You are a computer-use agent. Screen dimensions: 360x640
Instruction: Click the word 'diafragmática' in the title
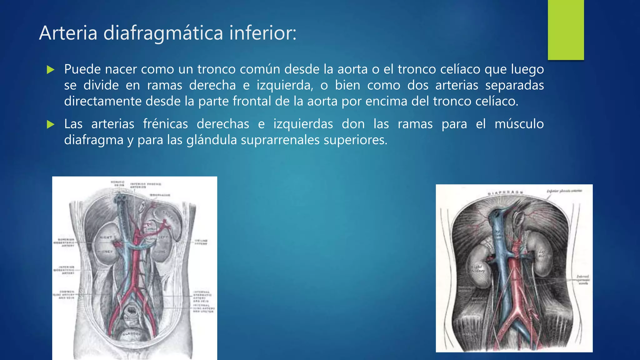click(163, 33)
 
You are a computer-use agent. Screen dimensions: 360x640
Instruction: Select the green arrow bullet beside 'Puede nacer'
click(50, 70)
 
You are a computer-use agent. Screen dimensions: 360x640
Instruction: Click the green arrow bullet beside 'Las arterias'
click(50, 125)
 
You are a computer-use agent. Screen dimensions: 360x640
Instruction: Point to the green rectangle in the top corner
click(566, 30)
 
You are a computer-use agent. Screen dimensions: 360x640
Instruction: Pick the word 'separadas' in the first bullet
click(514, 85)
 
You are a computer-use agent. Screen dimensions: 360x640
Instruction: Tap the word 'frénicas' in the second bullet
click(165, 124)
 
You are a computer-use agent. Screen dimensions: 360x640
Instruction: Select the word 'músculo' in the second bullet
click(519, 124)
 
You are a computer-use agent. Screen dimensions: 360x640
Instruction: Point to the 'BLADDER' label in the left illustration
click(132, 334)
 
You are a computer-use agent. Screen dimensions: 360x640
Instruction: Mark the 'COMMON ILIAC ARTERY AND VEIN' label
click(64, 294)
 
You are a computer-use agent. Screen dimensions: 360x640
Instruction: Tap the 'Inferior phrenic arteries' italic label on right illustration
click(564, 191)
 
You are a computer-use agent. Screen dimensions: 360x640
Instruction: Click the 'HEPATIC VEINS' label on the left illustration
click(117, 183)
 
